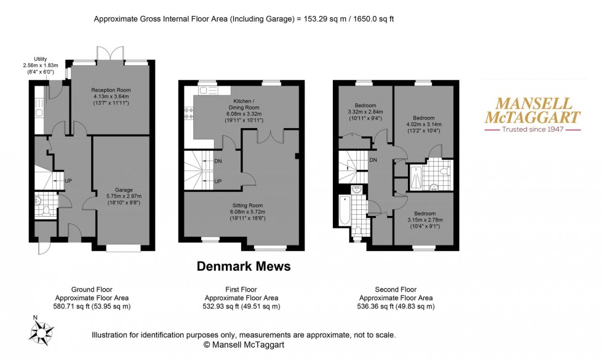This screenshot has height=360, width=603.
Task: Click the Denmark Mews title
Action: pos(243,267)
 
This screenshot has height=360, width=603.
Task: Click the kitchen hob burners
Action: pos(188,114)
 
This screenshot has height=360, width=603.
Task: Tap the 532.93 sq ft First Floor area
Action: pos(242,306)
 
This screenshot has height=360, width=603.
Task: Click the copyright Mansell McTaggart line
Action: pos(243,345)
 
